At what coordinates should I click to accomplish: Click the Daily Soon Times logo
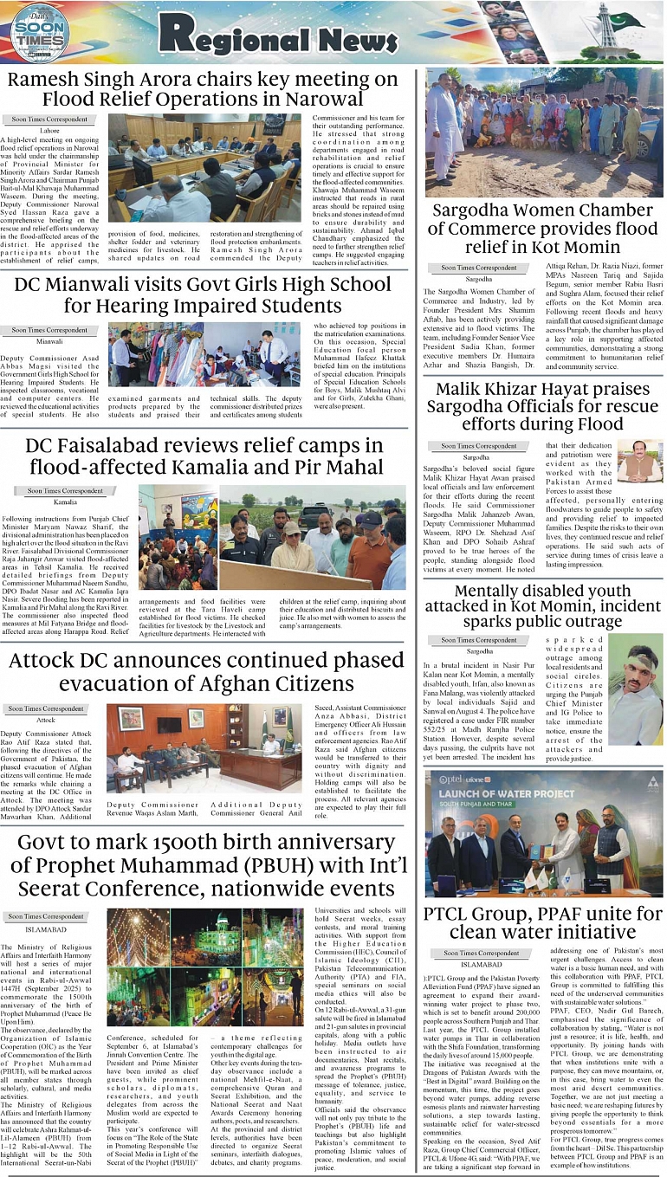(x=40, y=33)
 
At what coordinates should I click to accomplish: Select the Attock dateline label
(x=45, y=720)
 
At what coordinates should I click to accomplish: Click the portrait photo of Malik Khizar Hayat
(x=639, y=462)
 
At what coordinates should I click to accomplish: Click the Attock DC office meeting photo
(x=204, y=748)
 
